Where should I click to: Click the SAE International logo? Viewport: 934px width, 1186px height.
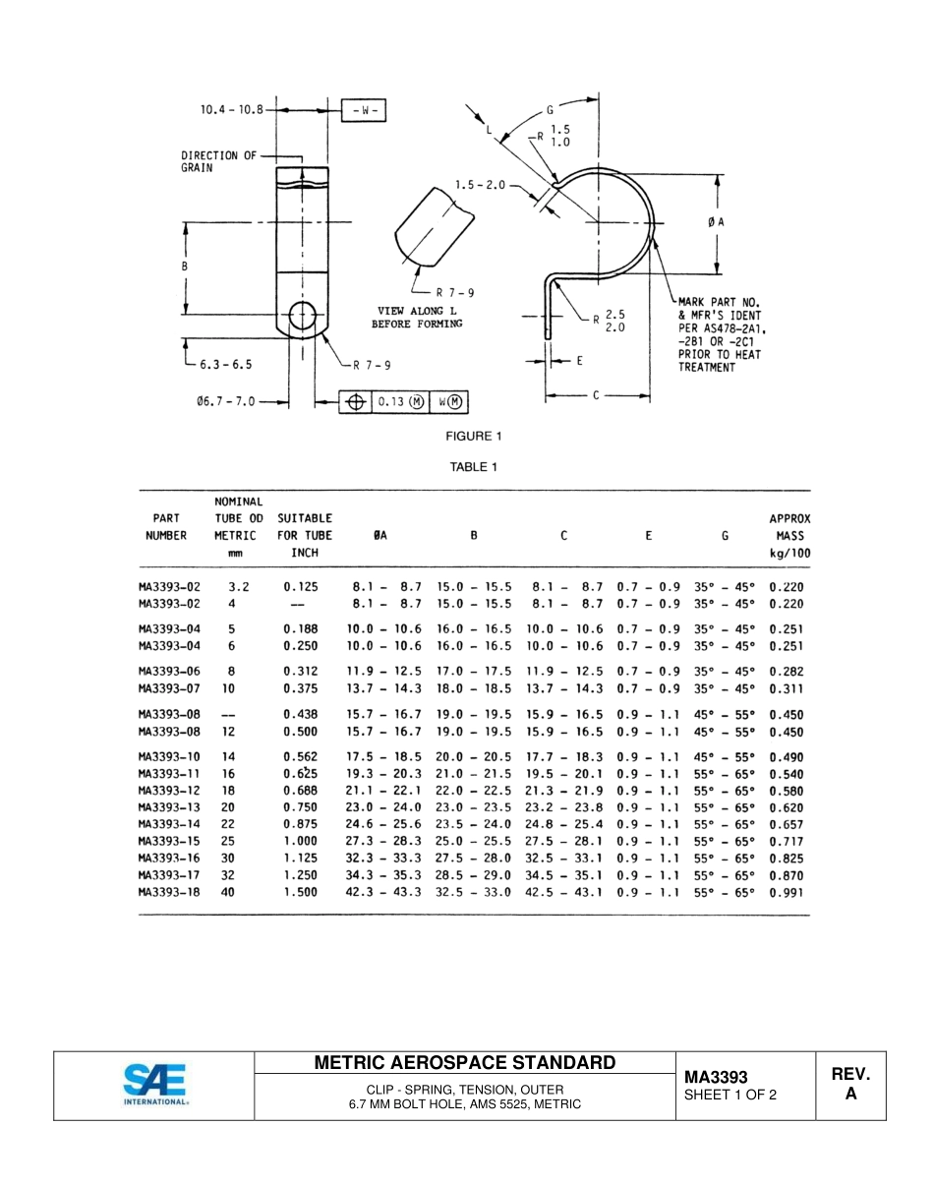coord(155,1085)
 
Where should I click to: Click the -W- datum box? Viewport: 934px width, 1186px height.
coord(363,110)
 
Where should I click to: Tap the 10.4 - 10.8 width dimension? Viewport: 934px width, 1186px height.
coord(231,110)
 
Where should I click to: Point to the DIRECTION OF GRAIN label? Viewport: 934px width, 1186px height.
coord(218,161)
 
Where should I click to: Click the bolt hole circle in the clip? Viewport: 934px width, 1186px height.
coord(302,317)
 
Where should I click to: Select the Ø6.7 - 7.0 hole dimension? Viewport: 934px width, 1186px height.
coord(226,401)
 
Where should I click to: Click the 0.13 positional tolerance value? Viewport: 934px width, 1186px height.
coord(397,402)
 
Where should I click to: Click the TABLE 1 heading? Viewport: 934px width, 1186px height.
coord(473,467)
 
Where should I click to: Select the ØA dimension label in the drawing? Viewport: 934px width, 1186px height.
coord(716,222)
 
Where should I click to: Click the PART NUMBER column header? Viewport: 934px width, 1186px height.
coord(166,527)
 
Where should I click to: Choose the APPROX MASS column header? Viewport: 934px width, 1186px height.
coord(788,536)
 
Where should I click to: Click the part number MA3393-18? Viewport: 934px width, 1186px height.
coord(169,892)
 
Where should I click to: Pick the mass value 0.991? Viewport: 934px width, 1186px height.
coord(786,892)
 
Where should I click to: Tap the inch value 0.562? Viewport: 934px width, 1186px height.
coord(301,757)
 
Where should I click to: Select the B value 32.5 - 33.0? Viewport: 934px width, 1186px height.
coord(473,892)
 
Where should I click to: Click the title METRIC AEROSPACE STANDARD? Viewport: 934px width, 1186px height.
coord(465,1062)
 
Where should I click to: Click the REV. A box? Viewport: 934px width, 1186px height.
coord(850,1084)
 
